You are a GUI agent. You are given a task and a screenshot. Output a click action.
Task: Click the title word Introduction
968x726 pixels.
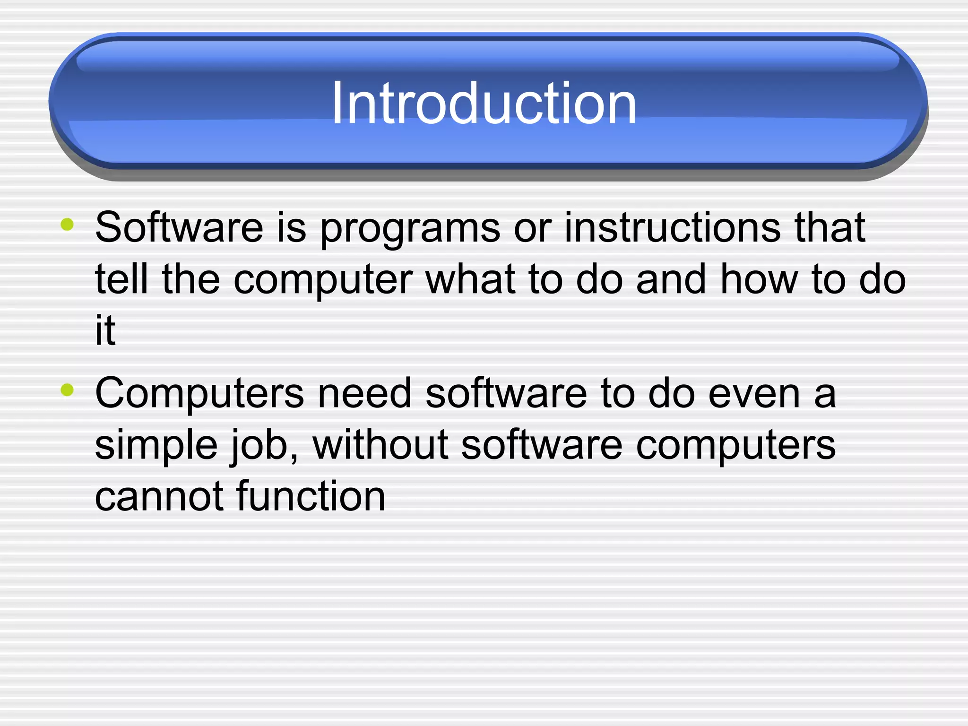[484, 103]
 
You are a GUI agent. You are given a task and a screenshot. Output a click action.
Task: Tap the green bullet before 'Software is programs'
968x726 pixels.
[68, 225]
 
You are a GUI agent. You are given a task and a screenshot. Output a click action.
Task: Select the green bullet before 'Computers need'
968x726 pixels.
[68, 390]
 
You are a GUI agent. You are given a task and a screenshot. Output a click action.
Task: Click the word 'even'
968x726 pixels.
[754, 393]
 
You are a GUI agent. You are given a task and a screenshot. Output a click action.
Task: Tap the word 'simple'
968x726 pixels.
[156, 445]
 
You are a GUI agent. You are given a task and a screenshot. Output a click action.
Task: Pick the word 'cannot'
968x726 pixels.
[159, 496]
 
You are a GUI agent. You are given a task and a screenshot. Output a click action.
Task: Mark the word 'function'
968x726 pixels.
[311, 496]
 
